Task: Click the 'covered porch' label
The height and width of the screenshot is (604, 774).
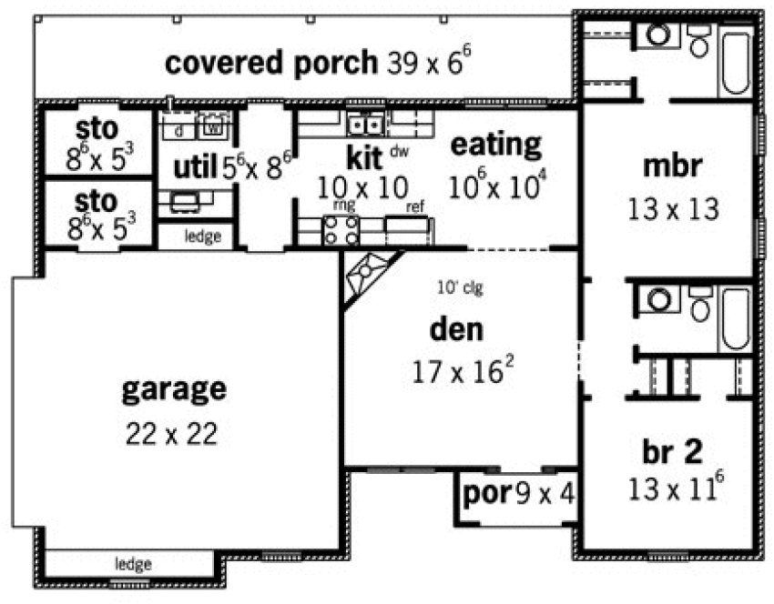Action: (270, 63)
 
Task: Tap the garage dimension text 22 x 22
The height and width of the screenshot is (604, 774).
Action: (172, 433)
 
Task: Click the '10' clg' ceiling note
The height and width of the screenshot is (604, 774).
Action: (459, 289)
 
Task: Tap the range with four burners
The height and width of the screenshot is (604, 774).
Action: (341, 229)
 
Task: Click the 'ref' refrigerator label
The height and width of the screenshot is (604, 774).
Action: (415, 206)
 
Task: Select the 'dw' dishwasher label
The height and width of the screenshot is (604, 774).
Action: (399, 151)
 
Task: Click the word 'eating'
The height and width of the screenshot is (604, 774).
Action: (496, 143)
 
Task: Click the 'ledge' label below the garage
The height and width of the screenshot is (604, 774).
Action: (133, 564)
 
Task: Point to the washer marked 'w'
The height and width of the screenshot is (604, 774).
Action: (211, 127)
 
